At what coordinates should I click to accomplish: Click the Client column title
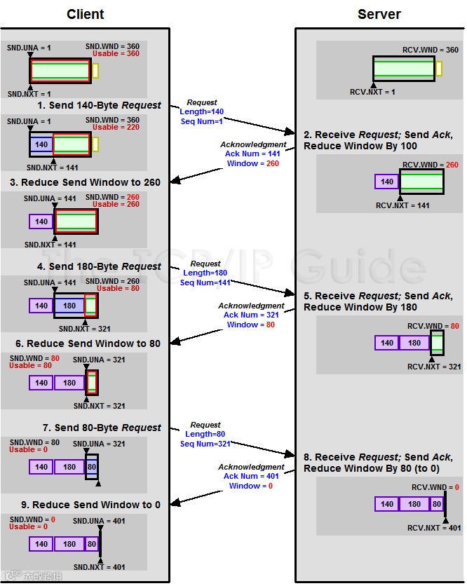(86, 14)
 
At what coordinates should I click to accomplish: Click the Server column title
(379, 14)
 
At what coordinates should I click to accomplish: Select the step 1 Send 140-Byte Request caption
(99, 105)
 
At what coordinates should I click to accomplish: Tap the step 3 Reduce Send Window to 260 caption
(83, 182)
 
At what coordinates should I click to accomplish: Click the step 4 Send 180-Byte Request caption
(99, 266)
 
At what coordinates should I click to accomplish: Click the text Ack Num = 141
(243, 154)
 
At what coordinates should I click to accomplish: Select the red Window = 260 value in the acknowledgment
(243, 163)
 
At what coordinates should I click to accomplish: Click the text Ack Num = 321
(242, 315)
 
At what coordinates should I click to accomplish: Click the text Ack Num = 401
(242, 476)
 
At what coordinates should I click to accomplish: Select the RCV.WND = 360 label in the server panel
(431, 50)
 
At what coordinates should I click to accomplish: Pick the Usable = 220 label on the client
(116, 128)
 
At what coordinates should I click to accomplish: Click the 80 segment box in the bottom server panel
(437, 504)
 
